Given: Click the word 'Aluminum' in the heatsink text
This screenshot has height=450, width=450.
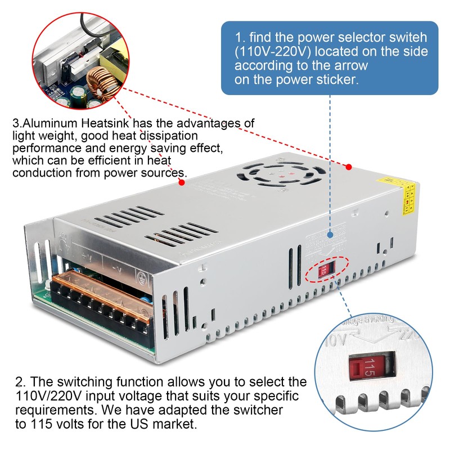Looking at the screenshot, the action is [48, 123].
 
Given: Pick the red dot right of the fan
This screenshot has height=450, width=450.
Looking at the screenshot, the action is [349, 167].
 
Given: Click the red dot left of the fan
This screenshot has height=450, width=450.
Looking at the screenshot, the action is [182, 182].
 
